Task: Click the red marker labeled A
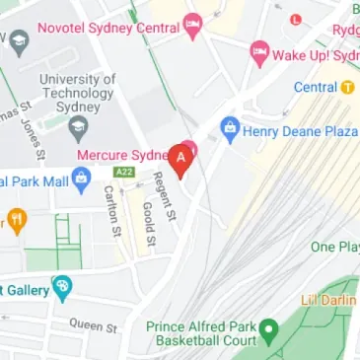pyautogui.click(x=181, y=159)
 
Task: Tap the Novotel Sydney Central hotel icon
pyautogui.click(x=192, y=22)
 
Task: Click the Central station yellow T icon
pyautogui.click(x=347, y=87)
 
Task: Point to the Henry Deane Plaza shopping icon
pyautogui.click(x=230, y=125)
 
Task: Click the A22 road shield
pyautogui.click(x=124, y=172)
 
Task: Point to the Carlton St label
pyautogui.click(x=111, y=211)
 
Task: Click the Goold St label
pyautogui.click(x=146, y=224)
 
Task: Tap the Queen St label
pyautogui.click(x=94, y=324)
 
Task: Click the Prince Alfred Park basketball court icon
pyautogui.click(x=266, y=329)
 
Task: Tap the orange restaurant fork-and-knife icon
pyautogui.click(x=16, y=220)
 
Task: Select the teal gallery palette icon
pyautogui.click(x=62, y=287)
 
